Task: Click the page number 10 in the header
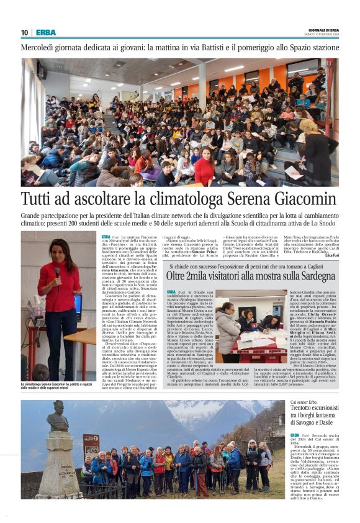click(x=24, y=32)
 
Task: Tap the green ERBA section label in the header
click(x=45, y=32)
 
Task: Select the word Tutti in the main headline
click(x=39, y=200)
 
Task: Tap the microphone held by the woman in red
click(x=57, y=271)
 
